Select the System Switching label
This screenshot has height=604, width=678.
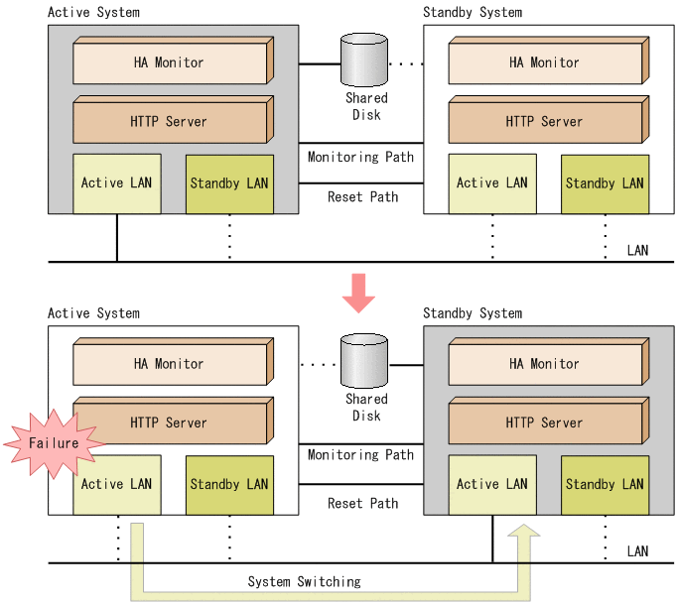[x=304, y=581]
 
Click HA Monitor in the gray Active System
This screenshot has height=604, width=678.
[x=169, y=62]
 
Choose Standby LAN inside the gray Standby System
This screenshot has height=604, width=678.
[x=605, y=485]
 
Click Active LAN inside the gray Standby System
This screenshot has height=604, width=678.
[x=491, y=485]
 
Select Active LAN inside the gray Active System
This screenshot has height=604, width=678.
[x=116, y=183]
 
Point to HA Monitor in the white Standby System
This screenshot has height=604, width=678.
[x=544, y=62]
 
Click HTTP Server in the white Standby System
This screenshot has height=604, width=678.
[x=544, y=122]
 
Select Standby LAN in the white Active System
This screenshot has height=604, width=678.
[x=229, y=485]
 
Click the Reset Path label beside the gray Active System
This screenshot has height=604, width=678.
[x=362, y=196]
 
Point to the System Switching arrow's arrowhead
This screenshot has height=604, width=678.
[x=524, y=537]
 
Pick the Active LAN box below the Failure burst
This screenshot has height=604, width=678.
[x=116, y=485]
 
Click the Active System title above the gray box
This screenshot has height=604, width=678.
[x=93, y=12]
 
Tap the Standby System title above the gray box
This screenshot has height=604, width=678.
[x=472, y=313]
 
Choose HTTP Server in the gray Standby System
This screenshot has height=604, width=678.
[x=544, y=423]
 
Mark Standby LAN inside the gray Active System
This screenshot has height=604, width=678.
[x=229, y=183]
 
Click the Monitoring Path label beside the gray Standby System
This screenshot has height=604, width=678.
[x=360, y=455]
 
